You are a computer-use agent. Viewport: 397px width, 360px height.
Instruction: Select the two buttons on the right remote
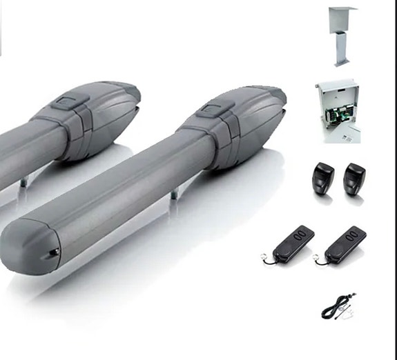(x=354, y=234)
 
